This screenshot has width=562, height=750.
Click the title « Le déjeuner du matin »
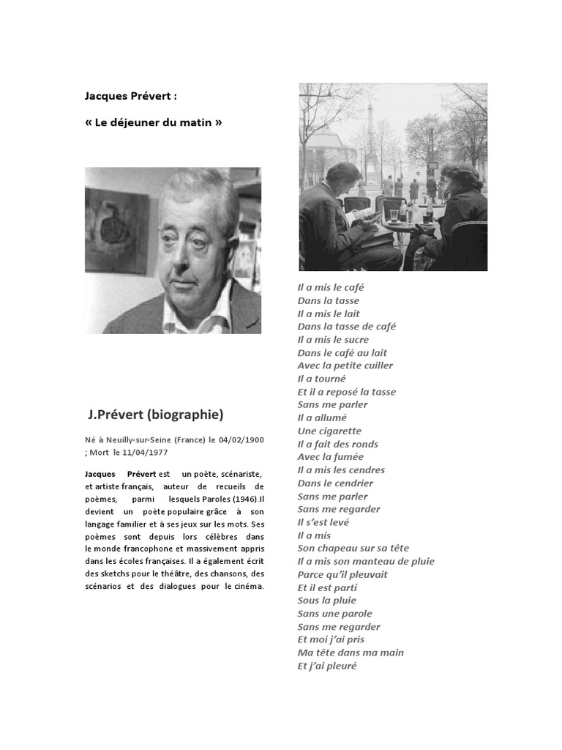154,122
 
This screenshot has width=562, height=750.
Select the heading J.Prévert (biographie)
155,415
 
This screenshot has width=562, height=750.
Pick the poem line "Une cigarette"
329,431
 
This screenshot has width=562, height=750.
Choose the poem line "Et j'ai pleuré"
327,666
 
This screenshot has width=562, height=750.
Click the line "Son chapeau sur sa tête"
353,548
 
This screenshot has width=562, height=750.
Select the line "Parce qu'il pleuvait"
342,574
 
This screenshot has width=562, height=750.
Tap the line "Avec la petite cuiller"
345,365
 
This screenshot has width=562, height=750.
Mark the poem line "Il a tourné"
322,379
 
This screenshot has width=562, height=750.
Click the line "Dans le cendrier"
335,483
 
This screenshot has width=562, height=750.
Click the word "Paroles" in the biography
201,499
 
